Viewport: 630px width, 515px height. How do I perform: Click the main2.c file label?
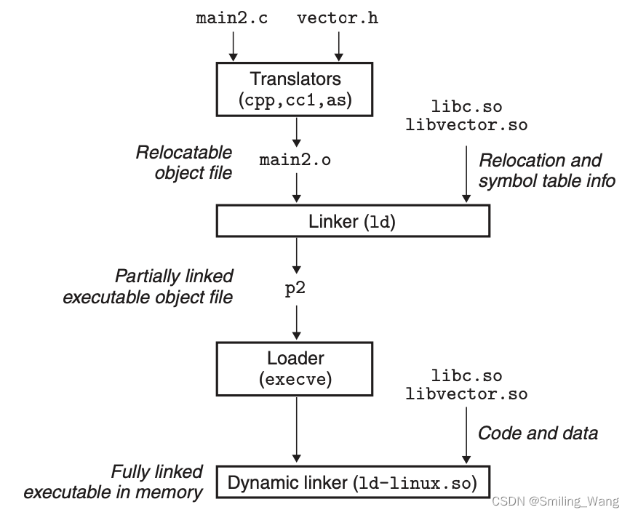pyautogui.click(x=231, y=17)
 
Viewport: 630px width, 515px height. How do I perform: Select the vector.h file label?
pyautogui.click(x=338, y=17)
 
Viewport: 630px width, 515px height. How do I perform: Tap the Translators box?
pyautogui.click(x=295, y=89)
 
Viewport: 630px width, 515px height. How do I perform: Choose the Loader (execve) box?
pyautogui.click(x=295, y=368)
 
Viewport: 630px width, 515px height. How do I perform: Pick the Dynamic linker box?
pyautogui.click(x=353, y=482)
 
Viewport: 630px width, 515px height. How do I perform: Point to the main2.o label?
pyautogui.click(x=295, y=161)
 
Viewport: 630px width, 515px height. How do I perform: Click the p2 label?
pyautogui.click(x=295, y=288)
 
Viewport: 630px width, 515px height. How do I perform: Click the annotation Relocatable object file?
pyautogui.click(x=183, y=162)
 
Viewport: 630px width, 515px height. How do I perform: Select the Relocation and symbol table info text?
pyautogui.click(x=546, y=169)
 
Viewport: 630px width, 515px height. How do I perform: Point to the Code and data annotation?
pyautogui.click(x=538, y=433)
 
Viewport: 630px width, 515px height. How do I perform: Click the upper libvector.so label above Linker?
pyautogui.click(x=466, y=124)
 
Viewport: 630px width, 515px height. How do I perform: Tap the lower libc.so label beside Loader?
pyautogui.click(x=466, y=376)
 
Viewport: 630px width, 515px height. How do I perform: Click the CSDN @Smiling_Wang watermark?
pyautogui.click(x=554, y=501)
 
